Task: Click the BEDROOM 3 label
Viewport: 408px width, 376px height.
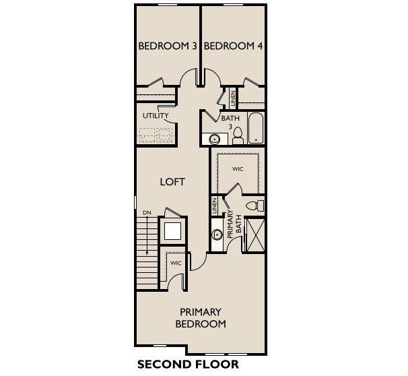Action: pos(168,46)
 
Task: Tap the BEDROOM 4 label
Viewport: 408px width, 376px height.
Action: pos(233,46)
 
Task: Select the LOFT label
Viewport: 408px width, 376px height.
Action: pos(172,182)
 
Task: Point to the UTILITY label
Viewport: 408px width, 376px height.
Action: pos(156,116)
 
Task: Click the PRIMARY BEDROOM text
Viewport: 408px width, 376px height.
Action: pos(201,318)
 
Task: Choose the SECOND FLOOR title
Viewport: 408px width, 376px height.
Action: pos(188,365)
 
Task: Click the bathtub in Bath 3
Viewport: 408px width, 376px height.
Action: pos(256,128)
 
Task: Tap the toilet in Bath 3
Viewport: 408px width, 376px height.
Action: pos(237,136)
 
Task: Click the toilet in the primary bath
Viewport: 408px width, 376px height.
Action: pos(255,206)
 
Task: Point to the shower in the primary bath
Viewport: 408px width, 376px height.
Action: pos(255,235)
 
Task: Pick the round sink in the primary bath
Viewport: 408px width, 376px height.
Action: pos(217,234)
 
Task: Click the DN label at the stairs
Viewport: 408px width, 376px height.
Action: pos(147,213)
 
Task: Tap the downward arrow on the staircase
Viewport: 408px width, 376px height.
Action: pos(147,235)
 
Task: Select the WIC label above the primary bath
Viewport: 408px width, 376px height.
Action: pos(238,169)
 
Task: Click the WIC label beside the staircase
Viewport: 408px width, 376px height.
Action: pos(176,263)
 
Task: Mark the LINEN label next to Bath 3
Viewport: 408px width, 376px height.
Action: pos(233,98)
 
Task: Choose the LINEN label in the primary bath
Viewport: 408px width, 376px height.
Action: pos(215,206)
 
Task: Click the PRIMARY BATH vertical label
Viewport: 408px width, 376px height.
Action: pos(234,224)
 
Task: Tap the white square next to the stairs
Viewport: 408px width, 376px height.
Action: pos(172,231)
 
